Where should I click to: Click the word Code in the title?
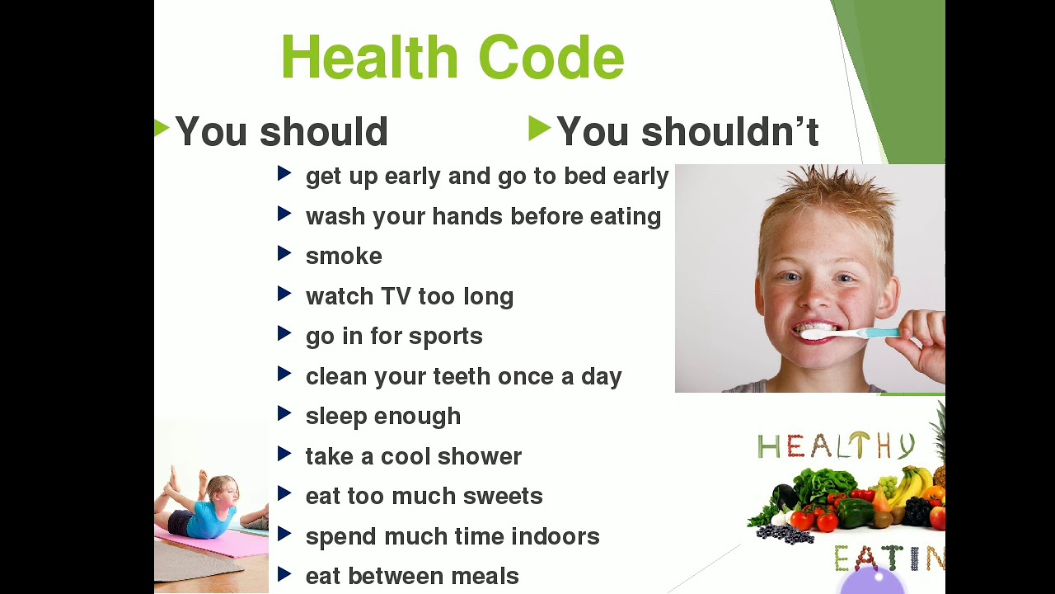coord(551,57)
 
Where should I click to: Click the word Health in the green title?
coord(370,57)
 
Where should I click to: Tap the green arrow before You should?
coord(162,128)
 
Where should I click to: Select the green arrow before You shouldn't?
coord(540,128)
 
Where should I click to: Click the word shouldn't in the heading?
coord(730,131)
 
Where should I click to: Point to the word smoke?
coord(344,256)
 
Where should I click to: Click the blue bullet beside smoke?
coord(284,253)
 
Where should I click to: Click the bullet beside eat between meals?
coord(284,573)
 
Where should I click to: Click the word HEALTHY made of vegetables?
coord(836,445)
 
